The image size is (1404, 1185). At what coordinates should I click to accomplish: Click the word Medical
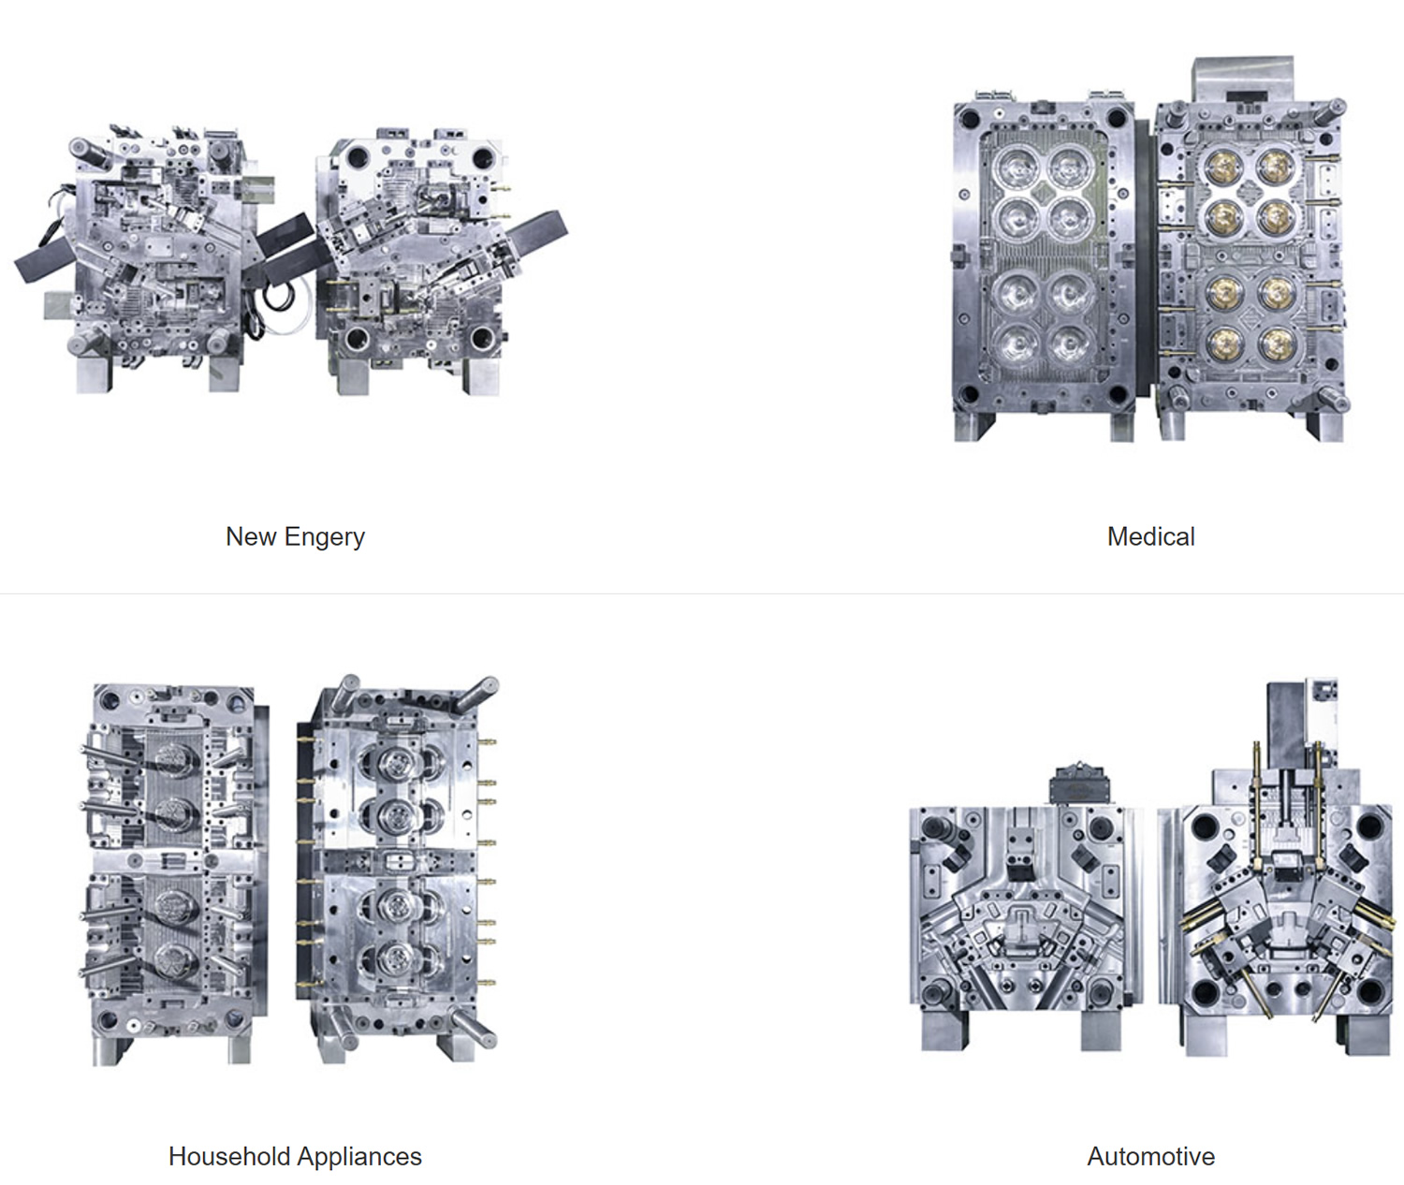point(1150,536)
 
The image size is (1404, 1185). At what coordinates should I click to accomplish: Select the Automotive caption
point(1150,1156)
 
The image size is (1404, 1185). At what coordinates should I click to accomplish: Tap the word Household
point(229,1156)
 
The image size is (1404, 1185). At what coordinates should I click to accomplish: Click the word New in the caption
point(251,536)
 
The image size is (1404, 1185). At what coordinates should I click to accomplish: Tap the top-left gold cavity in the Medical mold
point(1223,168)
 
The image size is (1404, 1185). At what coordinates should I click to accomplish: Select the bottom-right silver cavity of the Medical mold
point(1069,345)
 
